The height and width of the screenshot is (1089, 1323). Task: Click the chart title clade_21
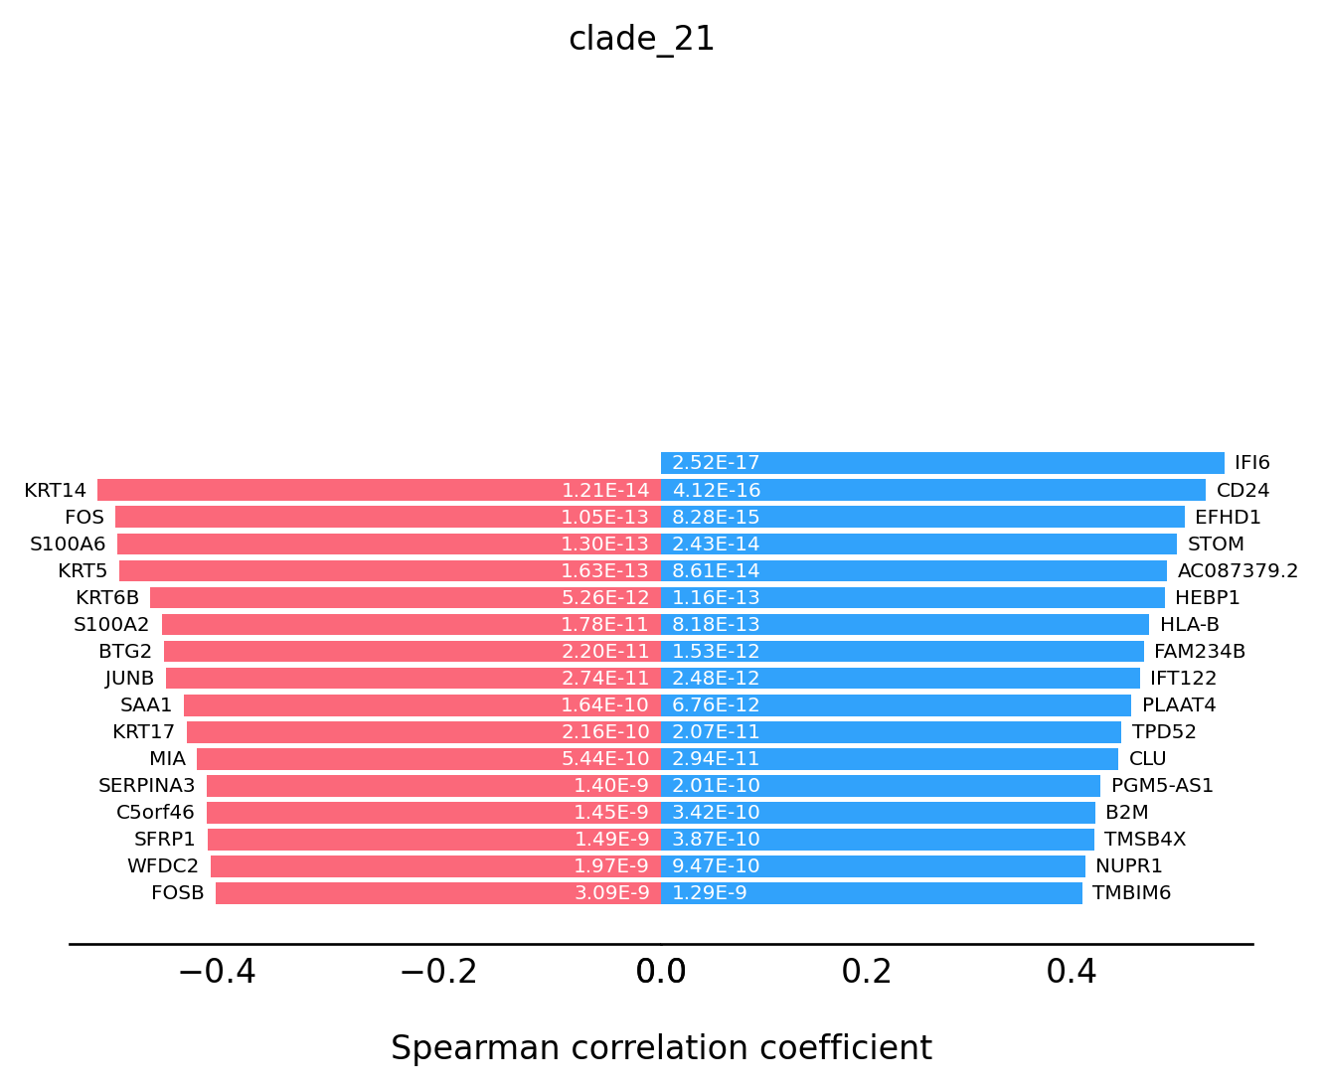point(641,40)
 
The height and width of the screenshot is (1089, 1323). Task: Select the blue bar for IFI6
point(942,462)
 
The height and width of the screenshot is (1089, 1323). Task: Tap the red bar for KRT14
point(379,490)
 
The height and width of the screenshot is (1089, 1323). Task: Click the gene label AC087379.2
point(1238,570)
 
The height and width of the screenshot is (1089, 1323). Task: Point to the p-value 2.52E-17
point(716,462)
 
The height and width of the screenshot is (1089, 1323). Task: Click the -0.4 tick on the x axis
point(218,971)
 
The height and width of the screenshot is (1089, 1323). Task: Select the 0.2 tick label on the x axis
point(866,971)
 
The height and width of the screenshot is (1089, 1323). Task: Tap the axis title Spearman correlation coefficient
point(661,1047)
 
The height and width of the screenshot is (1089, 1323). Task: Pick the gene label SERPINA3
point(146,786)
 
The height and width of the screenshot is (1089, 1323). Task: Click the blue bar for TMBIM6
point(871,892)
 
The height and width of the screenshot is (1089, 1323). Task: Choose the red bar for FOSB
point(438,892)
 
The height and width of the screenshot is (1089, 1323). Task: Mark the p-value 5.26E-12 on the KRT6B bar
point(605,597)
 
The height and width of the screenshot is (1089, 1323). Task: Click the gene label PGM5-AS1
point(1162,786)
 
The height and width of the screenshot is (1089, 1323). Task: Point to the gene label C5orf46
point(155,812)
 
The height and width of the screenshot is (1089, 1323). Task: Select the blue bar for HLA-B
point(905,624)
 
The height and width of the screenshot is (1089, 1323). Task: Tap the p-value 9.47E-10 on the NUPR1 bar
point(716,865)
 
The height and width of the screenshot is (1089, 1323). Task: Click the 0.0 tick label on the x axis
point(661,971)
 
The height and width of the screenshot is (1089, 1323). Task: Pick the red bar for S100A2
point(412,624)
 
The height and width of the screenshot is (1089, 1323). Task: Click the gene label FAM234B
point(1200,651)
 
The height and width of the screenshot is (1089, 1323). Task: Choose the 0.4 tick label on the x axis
point(1071,971)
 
